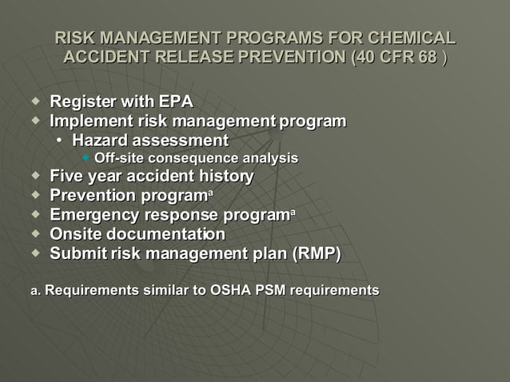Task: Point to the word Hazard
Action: point(98,141)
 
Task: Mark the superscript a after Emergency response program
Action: point(293,212)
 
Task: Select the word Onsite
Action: point(75,234)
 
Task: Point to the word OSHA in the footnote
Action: point(231,290)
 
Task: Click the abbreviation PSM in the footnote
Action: point(271,290)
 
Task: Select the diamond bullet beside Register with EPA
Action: point(34,101)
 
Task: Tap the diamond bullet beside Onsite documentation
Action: point(34,233)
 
